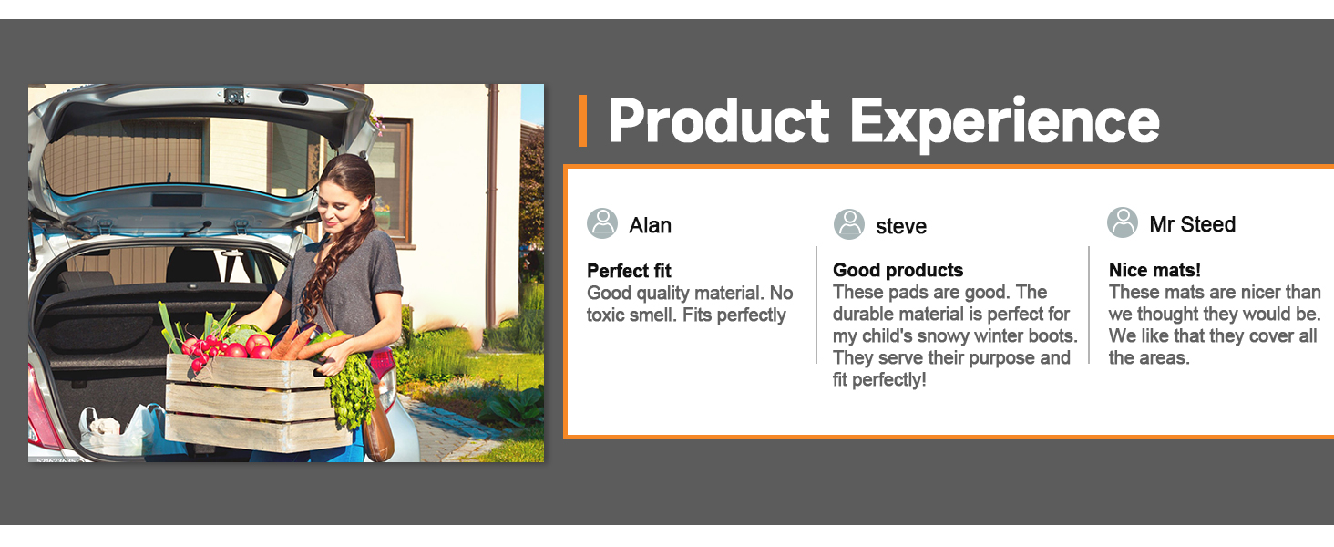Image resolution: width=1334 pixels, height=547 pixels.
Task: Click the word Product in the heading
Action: (718, 120)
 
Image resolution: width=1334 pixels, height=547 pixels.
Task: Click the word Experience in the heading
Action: (1005, 123)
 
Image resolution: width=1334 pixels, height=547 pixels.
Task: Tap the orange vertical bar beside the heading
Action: (582, 120)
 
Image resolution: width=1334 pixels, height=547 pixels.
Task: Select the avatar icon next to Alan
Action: (602, 223)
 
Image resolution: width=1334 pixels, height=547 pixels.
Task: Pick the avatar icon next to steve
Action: (848, 224)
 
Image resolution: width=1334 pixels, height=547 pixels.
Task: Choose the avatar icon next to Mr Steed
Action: (1123, 222)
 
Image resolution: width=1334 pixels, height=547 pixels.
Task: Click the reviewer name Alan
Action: (651, 225)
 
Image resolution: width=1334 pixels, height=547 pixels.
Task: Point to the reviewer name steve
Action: (901, 226)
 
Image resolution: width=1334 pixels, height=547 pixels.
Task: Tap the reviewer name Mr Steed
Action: (1192, 224)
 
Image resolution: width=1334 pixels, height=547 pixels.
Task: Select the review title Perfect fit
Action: (629, 271)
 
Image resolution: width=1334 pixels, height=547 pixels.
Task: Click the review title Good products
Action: (898, 270)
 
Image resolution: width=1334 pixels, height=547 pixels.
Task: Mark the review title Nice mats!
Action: (1154, 270)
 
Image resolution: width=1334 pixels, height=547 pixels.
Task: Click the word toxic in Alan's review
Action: (608, 315)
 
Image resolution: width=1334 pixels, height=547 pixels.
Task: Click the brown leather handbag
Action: (378, 432)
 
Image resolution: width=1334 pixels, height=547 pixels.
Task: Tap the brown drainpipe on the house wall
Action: (492, 205)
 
